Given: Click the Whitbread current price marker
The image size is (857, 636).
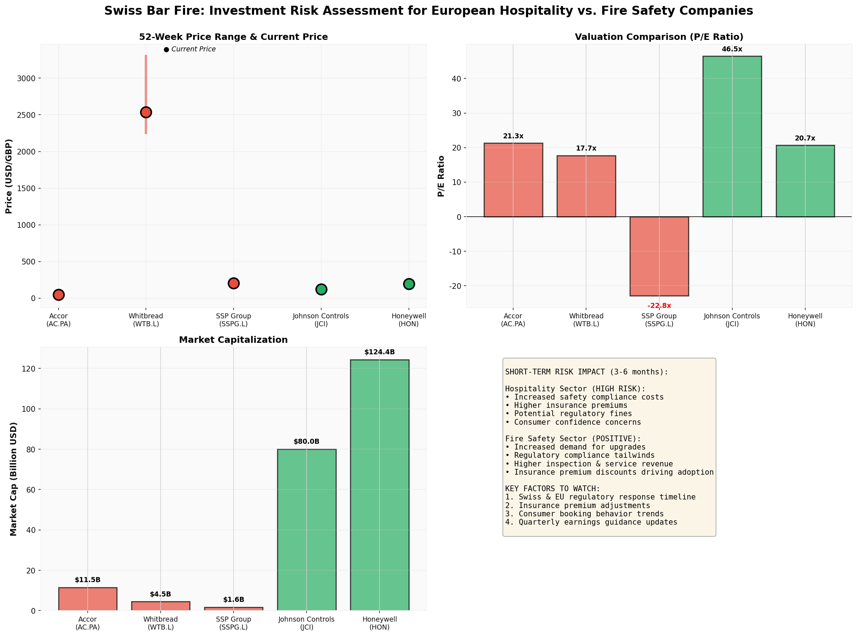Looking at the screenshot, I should tap(146, 112).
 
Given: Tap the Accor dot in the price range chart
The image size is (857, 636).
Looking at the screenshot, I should tap(59, 295).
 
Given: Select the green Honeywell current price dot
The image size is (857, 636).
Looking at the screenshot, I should tap(409, 284).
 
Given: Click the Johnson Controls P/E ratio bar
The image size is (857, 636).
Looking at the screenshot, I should tap(732, 137).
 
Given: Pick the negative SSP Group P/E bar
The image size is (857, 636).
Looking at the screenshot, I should tap(659, 256).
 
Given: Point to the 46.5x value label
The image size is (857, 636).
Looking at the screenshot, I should tap(732, 49).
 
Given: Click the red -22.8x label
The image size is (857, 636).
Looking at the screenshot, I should tap(659, 306).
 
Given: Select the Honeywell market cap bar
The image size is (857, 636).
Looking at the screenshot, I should tap(379, 485).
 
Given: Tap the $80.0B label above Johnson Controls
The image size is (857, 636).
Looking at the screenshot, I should tap(307, 442).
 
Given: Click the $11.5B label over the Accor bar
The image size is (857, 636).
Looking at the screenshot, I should tap(87, 580).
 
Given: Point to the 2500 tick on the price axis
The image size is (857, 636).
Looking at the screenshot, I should tap(26, 115).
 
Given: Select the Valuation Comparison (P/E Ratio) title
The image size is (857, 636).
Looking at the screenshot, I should tap(659, 37).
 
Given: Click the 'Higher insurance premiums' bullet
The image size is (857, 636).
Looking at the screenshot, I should tap(566, 405).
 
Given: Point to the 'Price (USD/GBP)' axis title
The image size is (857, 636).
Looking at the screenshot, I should tap(9, 176).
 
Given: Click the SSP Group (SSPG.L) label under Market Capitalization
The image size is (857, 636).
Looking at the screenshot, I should tap(233, 623).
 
